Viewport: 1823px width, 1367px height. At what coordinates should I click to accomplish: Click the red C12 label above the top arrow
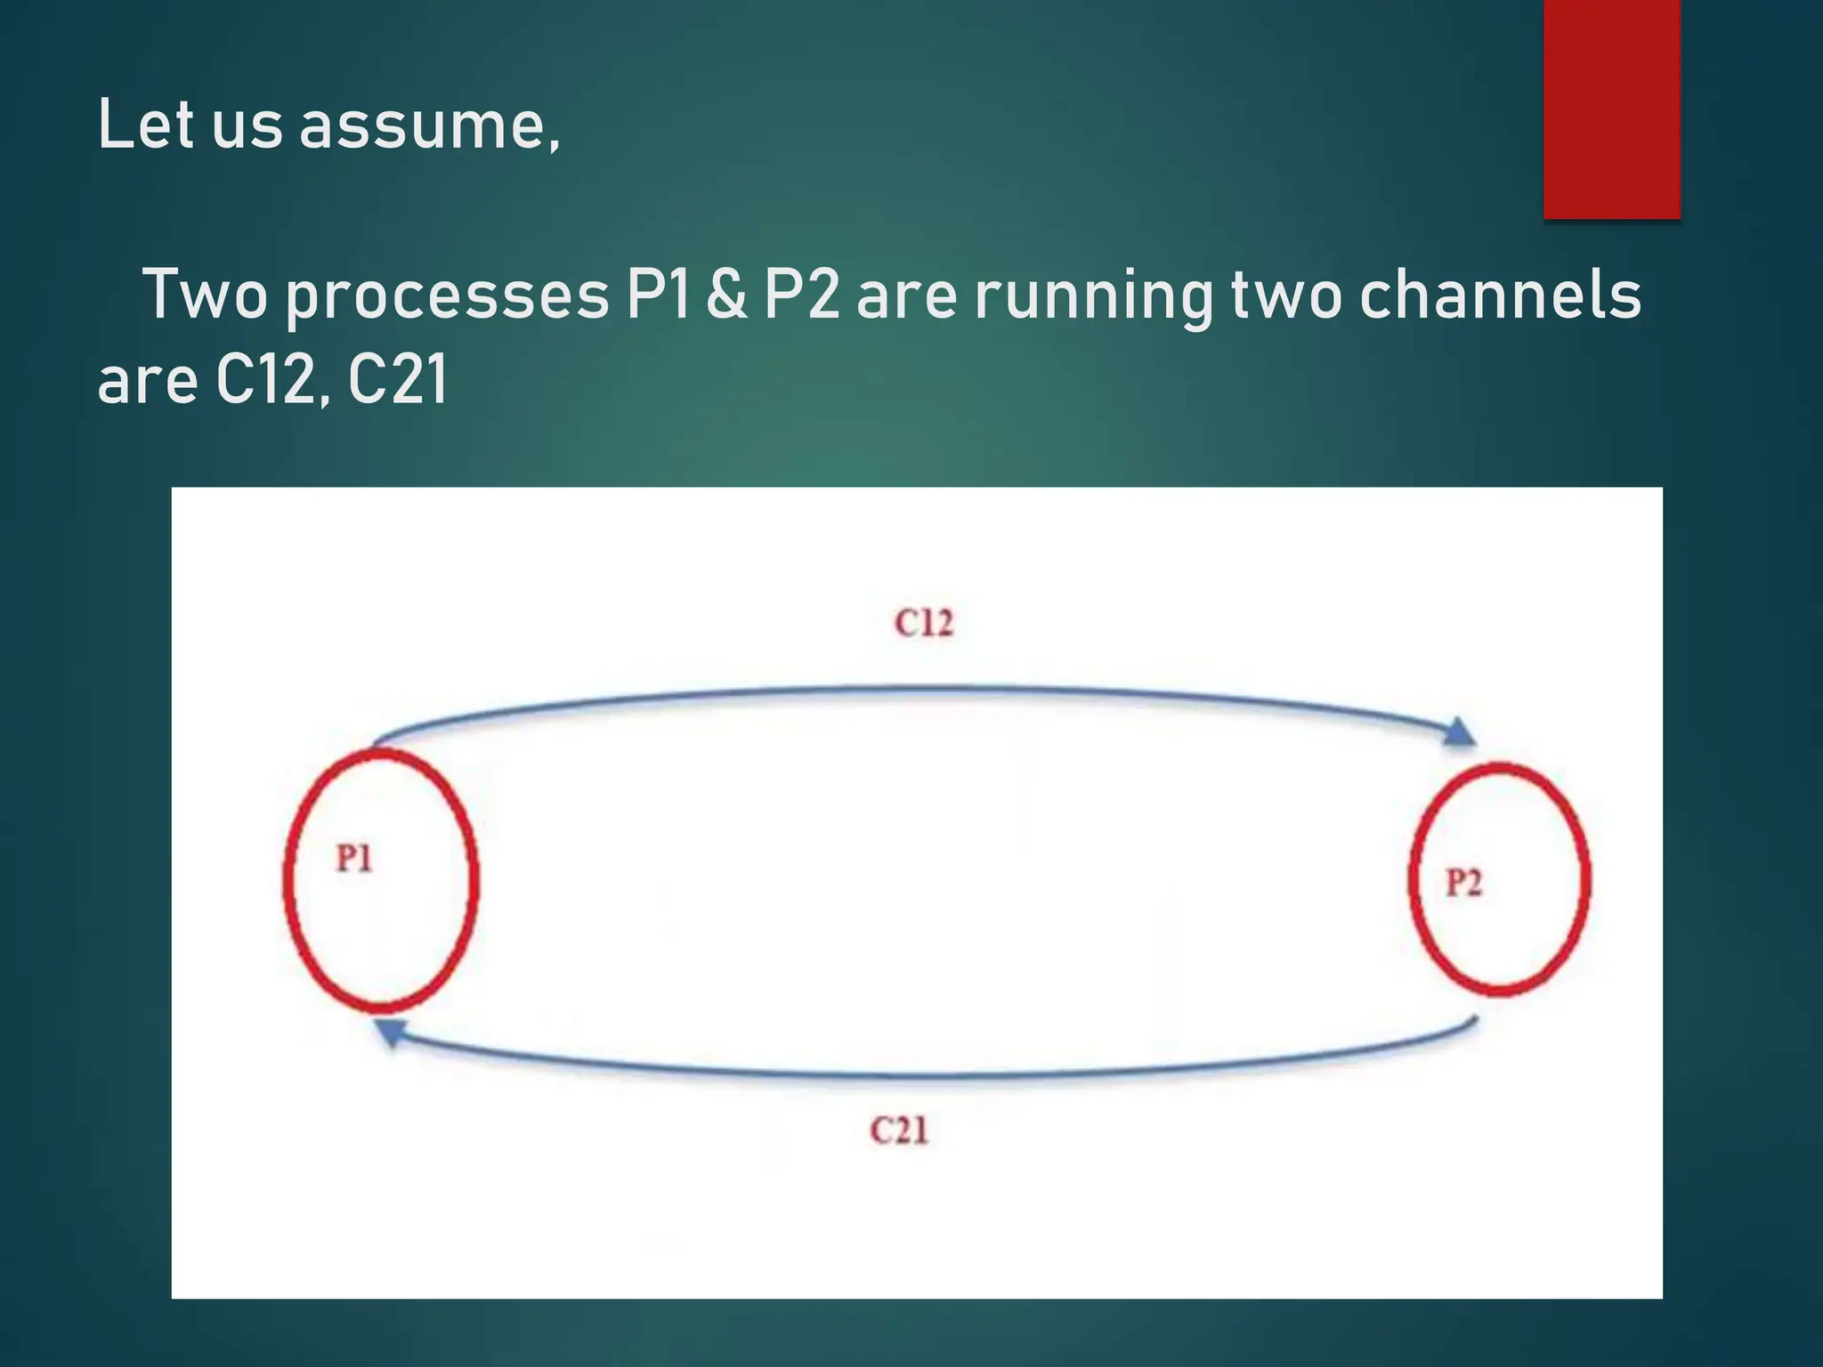coord(924,623)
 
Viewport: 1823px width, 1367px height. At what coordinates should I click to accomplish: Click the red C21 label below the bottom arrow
coord(899,1131)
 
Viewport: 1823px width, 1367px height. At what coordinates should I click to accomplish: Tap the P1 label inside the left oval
coord(354,859)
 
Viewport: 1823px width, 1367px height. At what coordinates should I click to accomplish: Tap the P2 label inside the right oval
coord(1464,883)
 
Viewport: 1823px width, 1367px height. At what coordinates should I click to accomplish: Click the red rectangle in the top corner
coord(1611,109)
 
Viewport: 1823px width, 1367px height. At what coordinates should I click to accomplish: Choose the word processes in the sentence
coord(447,296)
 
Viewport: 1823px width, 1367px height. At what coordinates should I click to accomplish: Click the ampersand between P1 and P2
coord(727,295)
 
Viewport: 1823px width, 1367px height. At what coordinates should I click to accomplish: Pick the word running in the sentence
coord(1094,296)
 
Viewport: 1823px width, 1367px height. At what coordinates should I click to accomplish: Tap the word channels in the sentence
coord(1500,295)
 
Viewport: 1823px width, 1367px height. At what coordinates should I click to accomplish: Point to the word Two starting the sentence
coord(205,295)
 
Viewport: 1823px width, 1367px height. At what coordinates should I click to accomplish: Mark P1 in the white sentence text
coord(659,295)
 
